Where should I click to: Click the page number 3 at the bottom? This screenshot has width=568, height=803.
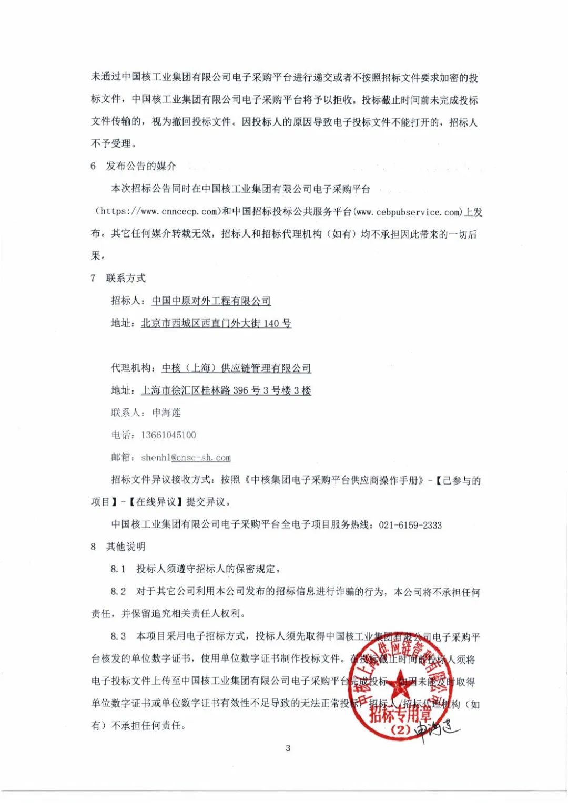click(288, 748)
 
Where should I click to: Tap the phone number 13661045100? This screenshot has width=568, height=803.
click(168, 435)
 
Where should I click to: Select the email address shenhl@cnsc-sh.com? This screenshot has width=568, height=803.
click(186, 458)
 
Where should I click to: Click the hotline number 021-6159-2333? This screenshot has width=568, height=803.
click(410, 525)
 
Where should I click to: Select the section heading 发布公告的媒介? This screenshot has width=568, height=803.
click(141, 166)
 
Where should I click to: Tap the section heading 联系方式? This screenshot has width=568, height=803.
click(126, 278)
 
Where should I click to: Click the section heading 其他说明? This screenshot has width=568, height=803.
click(126, 547)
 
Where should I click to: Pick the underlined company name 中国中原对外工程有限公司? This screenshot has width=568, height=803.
click(211, 301)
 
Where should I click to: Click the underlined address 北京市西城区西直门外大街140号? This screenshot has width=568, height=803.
click(216, 323)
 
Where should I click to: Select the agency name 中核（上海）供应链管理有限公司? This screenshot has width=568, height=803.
click(236, 368)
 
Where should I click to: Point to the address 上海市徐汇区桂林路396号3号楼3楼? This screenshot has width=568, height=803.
click(226, 390)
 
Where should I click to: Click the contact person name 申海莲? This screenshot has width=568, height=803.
click(166, 413)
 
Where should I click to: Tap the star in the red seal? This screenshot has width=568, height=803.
click(402, 682)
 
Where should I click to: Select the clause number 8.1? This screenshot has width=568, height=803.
click(118, 569)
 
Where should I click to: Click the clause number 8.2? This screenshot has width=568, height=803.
click(118, 591)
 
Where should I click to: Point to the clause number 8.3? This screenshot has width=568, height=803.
click(118, 636)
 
